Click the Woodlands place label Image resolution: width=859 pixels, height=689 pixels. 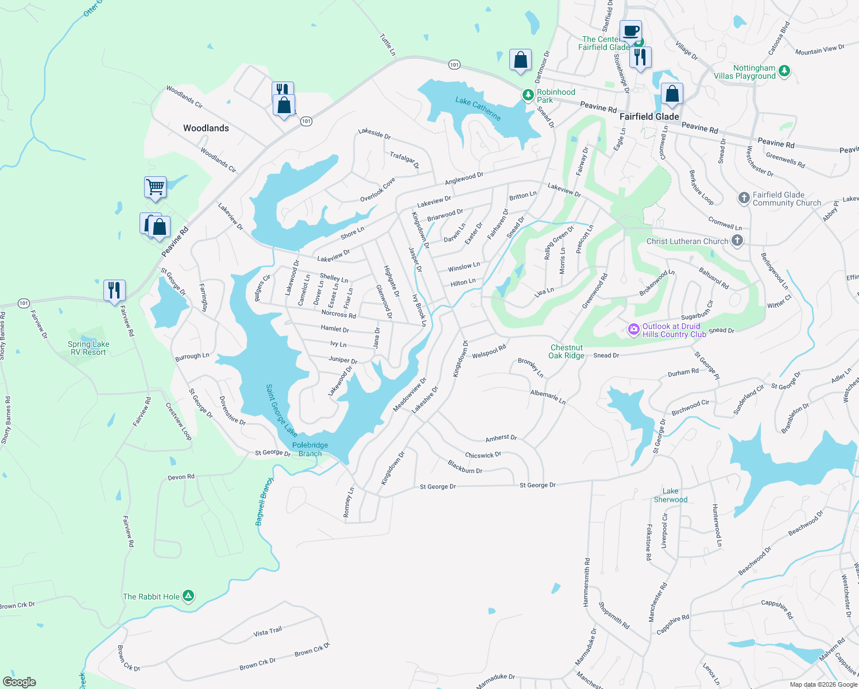tap(206, 128)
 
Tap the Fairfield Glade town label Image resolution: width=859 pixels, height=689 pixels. tap(649, 117)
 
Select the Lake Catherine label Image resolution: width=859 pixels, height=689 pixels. tap(478, 109)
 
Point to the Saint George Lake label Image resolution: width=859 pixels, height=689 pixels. tap(281, 410)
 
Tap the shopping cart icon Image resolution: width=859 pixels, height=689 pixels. tap(155, 187)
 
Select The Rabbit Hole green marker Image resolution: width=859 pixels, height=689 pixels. tap(188, 596)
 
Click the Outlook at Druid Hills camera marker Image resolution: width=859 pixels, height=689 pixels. tap(633, 330)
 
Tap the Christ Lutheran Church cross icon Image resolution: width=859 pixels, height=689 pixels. tap(737, 241)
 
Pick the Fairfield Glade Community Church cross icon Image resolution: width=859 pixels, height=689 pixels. tap(744, 199)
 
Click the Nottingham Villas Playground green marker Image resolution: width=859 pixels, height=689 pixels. tap(784, 71)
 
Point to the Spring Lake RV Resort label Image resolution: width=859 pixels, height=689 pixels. tap(88, 348)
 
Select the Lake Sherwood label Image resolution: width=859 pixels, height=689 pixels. tap(670, 495)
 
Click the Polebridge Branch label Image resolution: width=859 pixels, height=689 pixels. tap(310, 449)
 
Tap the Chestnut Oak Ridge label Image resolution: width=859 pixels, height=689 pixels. tap(566, 351)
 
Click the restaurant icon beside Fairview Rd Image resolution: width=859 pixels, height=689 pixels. tap(114, 290)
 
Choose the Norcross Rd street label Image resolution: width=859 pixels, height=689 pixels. tap(338, 314)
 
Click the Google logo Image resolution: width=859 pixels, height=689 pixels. tap(20, 682)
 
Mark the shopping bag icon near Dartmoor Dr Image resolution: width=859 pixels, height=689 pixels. tap(520, 60)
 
